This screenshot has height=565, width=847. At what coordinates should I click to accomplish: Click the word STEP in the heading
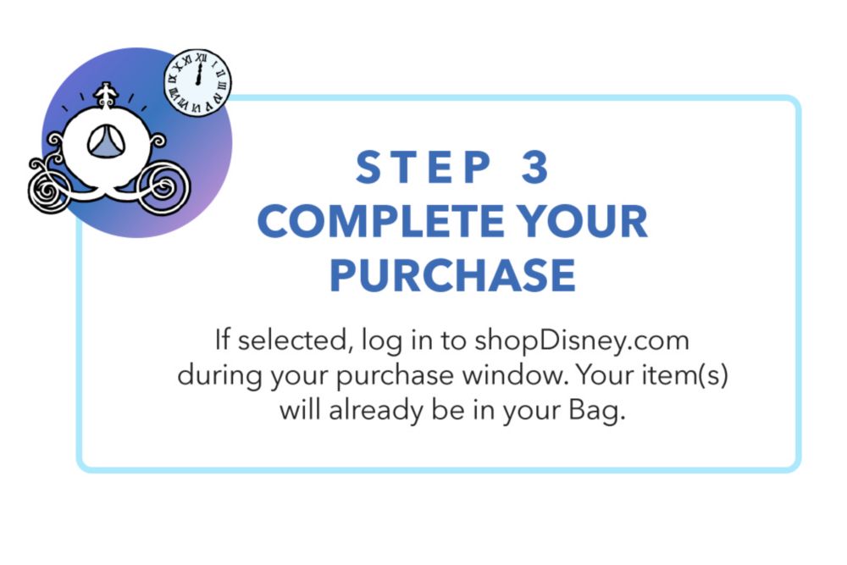pyautogui.click(x=423, y=167)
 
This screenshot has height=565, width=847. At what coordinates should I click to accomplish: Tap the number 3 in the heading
pyautogui.click(x=534, y=167)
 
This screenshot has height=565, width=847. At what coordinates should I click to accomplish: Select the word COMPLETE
pyautogui.click(x=380, y=221)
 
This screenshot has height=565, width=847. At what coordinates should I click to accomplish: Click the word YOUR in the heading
pyautogui.click(x=582, y=221)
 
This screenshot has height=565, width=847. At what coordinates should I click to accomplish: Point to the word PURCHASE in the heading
pyautogui.click(x=452, y=275)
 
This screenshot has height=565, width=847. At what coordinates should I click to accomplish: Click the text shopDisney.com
pyautogui.click(x=582, y=341)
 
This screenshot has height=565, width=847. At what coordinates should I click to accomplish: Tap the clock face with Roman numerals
pyautogui.click(x=197, y=83)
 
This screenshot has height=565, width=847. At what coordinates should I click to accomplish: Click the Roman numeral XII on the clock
pyautogui.click(x=202, y=57)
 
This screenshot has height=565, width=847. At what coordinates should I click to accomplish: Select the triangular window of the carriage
pyautogui.click(x=107, y=141)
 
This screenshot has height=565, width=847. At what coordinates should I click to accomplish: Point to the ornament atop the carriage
pyautogui.click(x=106, y=96)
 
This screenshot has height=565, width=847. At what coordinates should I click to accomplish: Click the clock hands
pyautogui.click(x=199, y=74)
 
